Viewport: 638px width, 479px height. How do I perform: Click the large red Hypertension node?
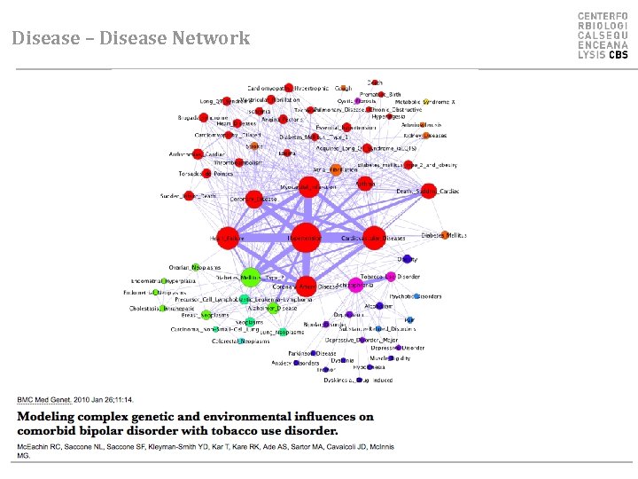[x=305, y=238]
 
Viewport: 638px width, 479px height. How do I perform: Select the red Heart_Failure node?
[x=228, y=238]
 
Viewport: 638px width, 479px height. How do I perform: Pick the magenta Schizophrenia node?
[x=355, y=285]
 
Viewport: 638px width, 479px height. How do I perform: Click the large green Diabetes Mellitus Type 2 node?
[x=251, y=277]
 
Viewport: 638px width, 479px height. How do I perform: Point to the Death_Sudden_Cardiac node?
[x=428, y=191]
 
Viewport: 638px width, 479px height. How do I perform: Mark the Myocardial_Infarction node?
[x=308, y=186]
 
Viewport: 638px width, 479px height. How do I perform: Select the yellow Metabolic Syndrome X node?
[x=425, y=102]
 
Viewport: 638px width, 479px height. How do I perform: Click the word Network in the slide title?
[x=213, y=38]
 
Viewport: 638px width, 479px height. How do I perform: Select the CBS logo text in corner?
[x=618, y=55]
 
